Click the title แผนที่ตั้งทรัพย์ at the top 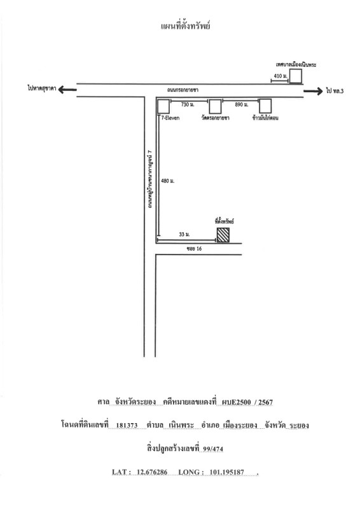coord(185,26)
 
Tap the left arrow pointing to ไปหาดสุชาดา coord(67,89)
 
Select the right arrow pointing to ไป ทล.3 coord(314,91)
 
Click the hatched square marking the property coord(223,235)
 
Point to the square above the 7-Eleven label coord(163,106)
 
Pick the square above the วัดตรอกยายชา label coord(215,106)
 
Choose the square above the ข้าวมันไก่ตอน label coord(265,106)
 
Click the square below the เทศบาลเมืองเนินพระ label coord(296,76)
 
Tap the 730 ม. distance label coord(188,104)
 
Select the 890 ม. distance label coord(242,104)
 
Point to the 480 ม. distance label coord(168,181)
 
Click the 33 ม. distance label coord(184,234)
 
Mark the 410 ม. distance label coord(280,76)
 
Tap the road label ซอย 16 coord(194,249)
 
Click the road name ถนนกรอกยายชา coord(183,90)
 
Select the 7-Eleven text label coord(170,118)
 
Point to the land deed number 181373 coord(127,425)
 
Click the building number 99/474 coord(213,449)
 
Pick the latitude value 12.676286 coord(152,472)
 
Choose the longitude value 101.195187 coord(226,472)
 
